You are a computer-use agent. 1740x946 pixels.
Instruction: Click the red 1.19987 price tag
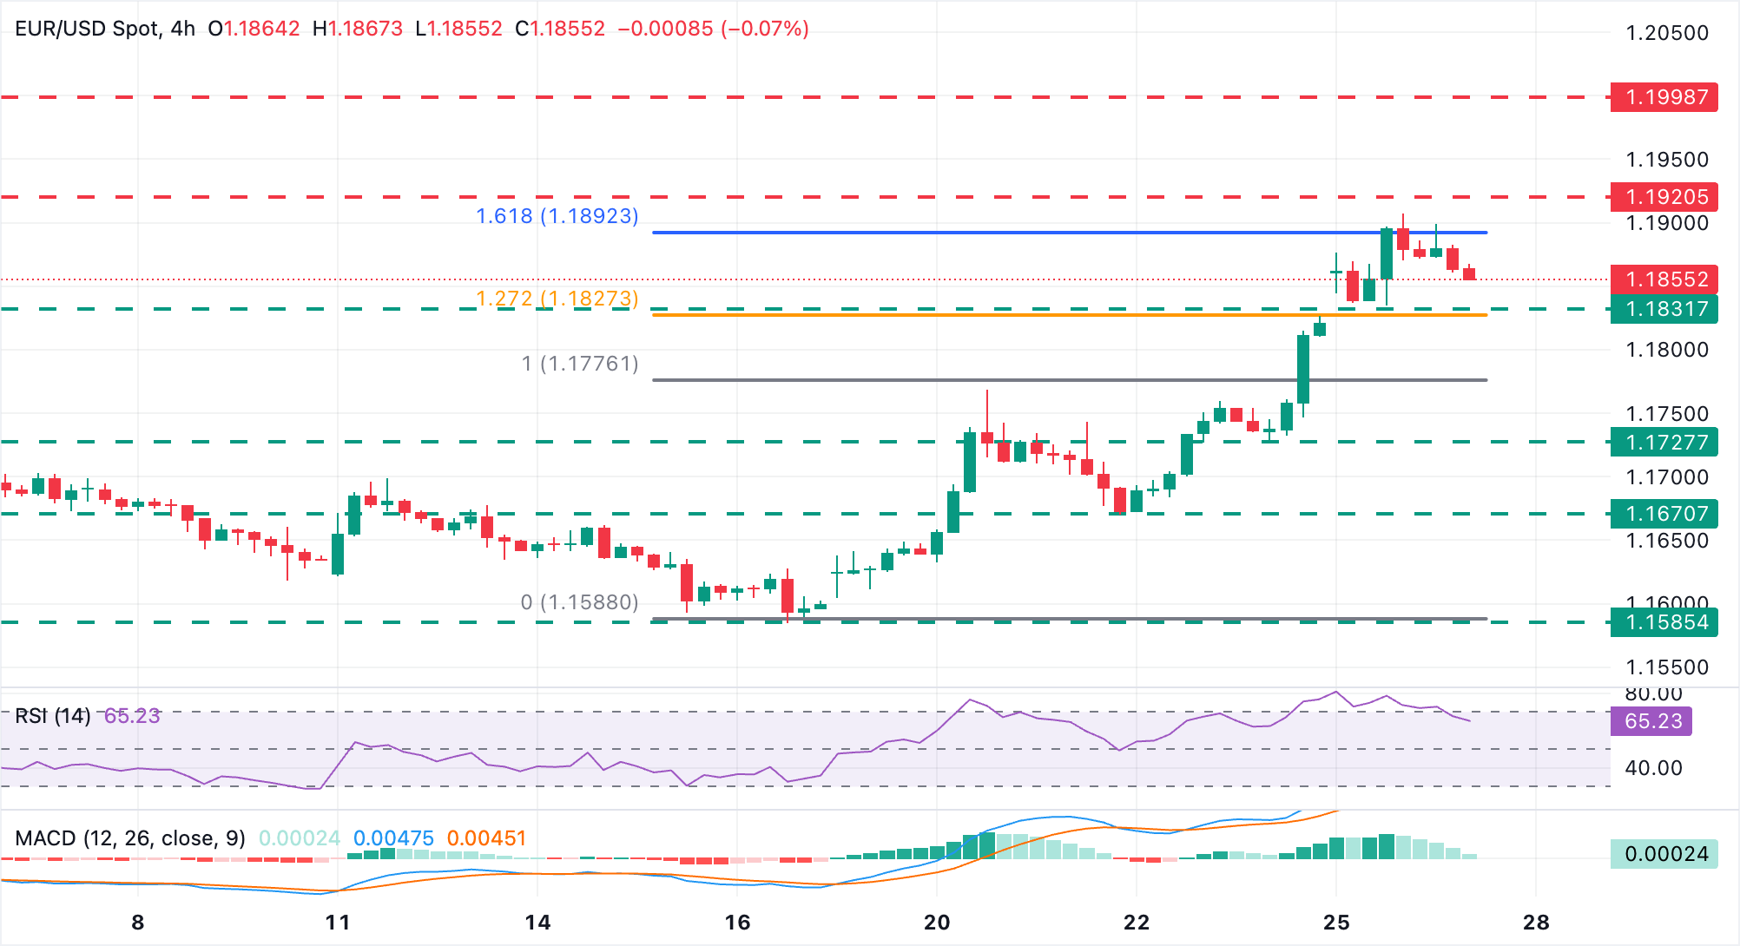(1664, 96)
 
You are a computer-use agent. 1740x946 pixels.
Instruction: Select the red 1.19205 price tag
(1664, 197)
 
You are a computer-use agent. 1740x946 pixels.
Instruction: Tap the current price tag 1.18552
(1664, 279)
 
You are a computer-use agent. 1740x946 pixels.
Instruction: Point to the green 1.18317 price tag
(1664, 309)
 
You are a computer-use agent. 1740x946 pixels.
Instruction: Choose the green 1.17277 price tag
(1664, 443)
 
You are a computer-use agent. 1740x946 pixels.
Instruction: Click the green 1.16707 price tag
(1664, 514)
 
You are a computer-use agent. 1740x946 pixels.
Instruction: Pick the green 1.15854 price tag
(1664, 622)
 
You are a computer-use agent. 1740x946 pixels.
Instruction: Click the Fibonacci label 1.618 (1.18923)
(557, 216)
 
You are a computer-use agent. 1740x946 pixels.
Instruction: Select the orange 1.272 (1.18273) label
(557, 299)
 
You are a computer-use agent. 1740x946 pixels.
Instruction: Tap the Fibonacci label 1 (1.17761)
(580, 364)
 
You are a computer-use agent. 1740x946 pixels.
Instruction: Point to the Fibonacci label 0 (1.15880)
(579, 602)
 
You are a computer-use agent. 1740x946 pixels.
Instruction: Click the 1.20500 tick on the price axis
(1666, 33)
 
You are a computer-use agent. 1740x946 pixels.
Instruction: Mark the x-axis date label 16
(737, 923)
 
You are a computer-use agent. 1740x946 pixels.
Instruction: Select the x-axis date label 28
(1536, 923)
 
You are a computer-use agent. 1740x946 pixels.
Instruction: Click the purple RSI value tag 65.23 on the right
(1652, 721)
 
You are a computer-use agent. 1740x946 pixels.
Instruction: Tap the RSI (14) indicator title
(53, 716)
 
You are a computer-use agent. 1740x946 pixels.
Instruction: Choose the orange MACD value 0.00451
(486, 838)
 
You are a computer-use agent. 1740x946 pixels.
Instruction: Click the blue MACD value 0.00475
(393, 838)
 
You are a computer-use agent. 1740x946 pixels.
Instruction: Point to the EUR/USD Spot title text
(88, 29)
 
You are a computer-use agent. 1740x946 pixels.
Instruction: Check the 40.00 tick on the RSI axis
(1652, 768)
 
